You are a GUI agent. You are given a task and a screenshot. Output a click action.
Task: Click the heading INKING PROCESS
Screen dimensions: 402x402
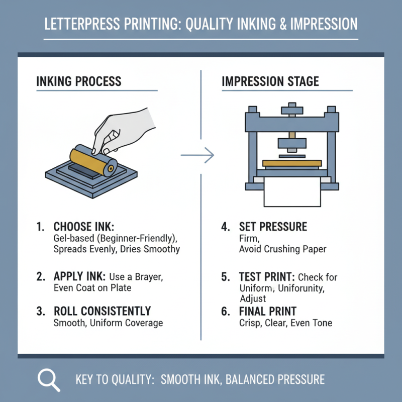(79, 81)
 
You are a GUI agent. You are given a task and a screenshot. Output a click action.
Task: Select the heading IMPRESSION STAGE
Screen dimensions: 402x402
(270, 81)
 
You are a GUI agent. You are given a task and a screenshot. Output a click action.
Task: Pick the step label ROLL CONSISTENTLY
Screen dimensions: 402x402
(102, 311)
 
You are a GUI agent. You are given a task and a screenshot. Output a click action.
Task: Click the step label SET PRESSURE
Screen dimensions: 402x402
(273, 227)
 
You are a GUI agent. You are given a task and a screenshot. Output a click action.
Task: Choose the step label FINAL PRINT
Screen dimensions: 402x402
(268, 311)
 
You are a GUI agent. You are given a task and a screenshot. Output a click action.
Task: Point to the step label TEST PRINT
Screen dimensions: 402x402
(267, 277)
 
